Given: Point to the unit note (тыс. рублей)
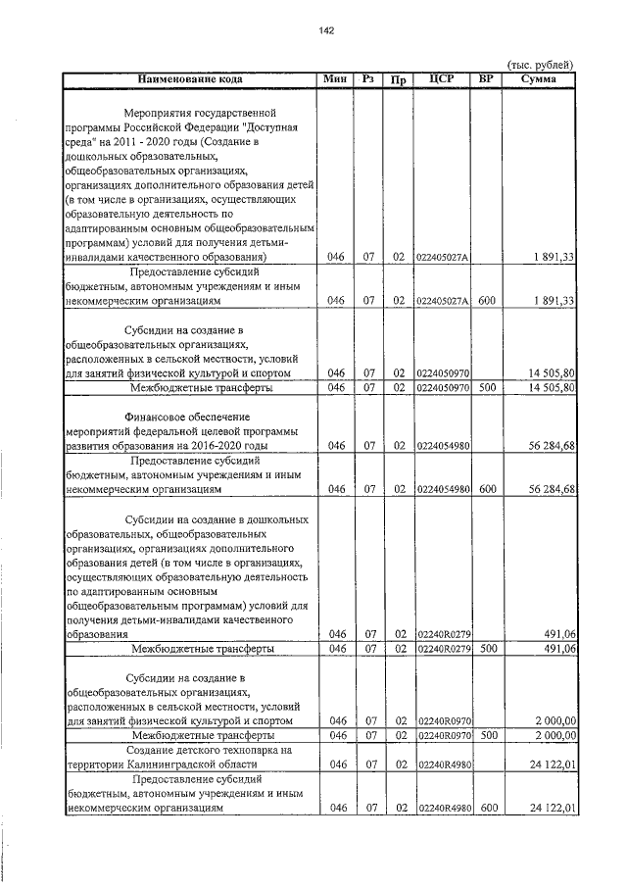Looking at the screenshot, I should (x=537, y=64).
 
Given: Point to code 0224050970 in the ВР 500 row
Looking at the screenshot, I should (x=443, y=388).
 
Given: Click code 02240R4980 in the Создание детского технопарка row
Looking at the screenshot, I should (x=443, y=764).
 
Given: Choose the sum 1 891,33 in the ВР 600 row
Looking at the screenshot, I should (x=554, y=300).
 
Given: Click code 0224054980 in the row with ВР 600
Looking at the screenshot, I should (x=443, y=487).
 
